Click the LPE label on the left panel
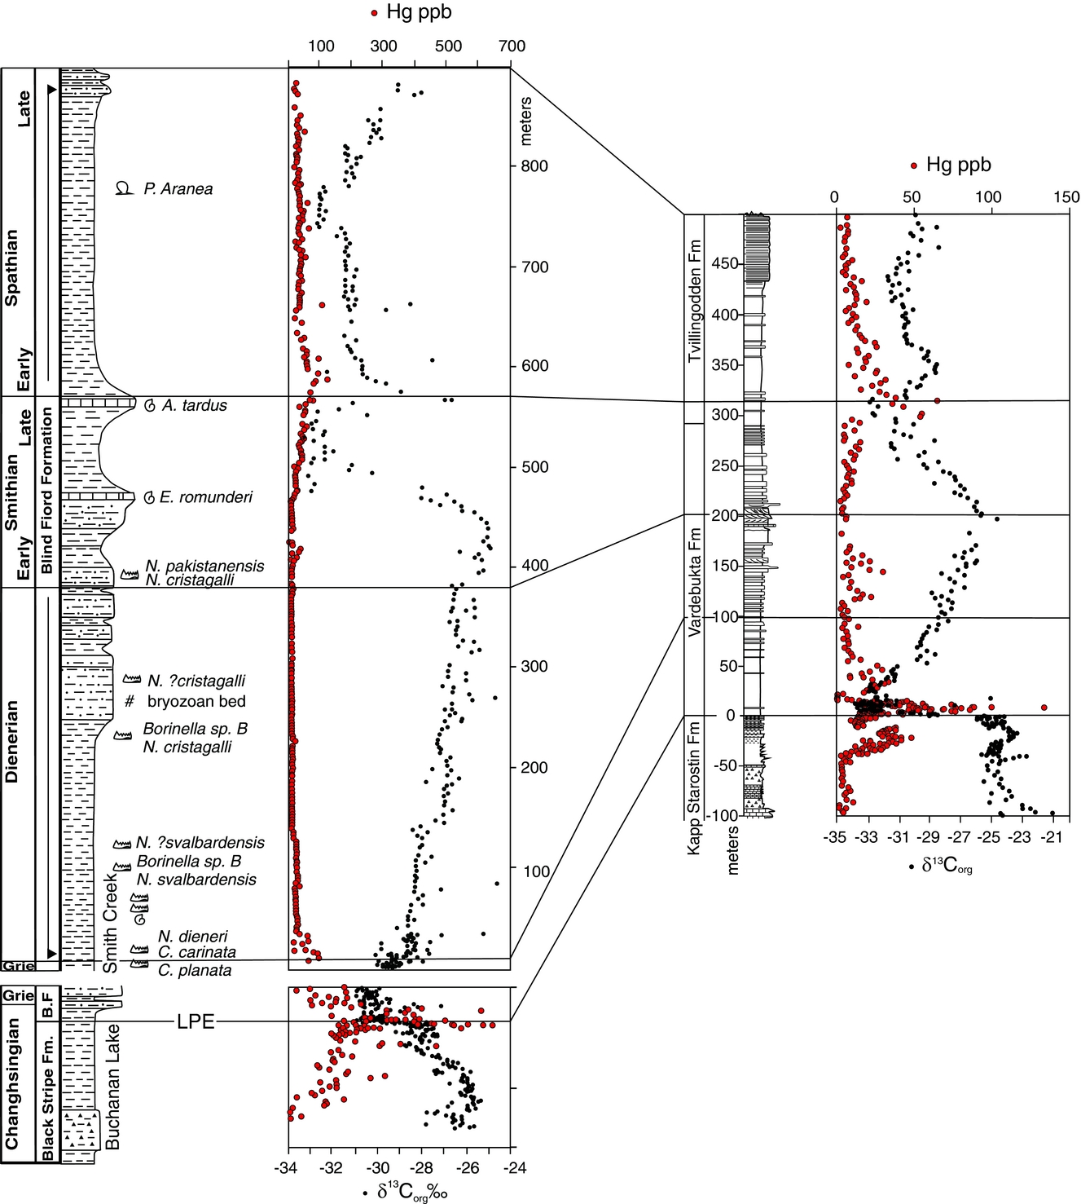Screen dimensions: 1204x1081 tap(196, 1021)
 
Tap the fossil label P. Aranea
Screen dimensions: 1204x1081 tap(178, 189)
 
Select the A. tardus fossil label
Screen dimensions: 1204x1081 tap(194, 406)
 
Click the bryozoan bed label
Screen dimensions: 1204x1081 tap(196, 702)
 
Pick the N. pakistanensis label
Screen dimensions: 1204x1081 tap(204, 566)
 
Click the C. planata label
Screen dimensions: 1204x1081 tap(195, 970)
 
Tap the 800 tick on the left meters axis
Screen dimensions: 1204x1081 tap(534, 166)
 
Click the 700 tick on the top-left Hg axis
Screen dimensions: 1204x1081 tap(512, 46)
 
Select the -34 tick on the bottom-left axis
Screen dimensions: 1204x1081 tap(286, 1168)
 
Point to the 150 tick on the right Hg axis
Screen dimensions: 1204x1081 tap(1066, 197)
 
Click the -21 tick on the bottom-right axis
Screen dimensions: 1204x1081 tap(1052, 837)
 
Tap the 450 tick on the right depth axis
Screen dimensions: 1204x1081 tap(726, 264)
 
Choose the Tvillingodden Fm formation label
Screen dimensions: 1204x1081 tap(694, 302)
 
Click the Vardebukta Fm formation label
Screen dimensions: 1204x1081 tap(694, 582)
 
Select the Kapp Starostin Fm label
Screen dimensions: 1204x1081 tap(694, 787)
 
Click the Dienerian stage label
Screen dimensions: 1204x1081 tap(11, 741)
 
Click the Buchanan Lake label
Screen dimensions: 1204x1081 tap(112, 1087)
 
